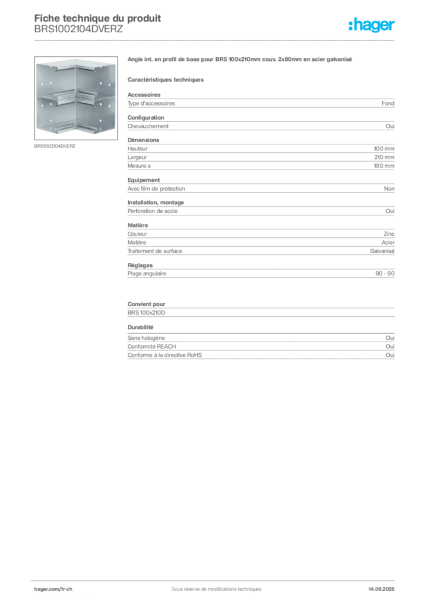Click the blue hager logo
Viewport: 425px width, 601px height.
pyautogui.click(x=372, y=25)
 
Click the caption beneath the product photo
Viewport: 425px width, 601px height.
pyautogui.click(x=56, y=146)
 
